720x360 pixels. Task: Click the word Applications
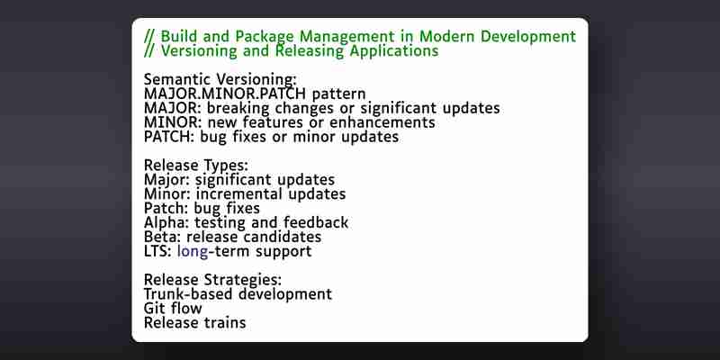click(x=394, y=51)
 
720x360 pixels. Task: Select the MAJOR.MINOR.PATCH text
click(x=225, y=94)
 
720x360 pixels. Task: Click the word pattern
click(x=339, y=94)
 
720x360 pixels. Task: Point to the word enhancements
click(x=382, y=122)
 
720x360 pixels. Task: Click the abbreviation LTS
click(x=155, y=251)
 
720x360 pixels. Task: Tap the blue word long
click(x=193, y=252)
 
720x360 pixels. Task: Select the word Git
click(x=153, y=308)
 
